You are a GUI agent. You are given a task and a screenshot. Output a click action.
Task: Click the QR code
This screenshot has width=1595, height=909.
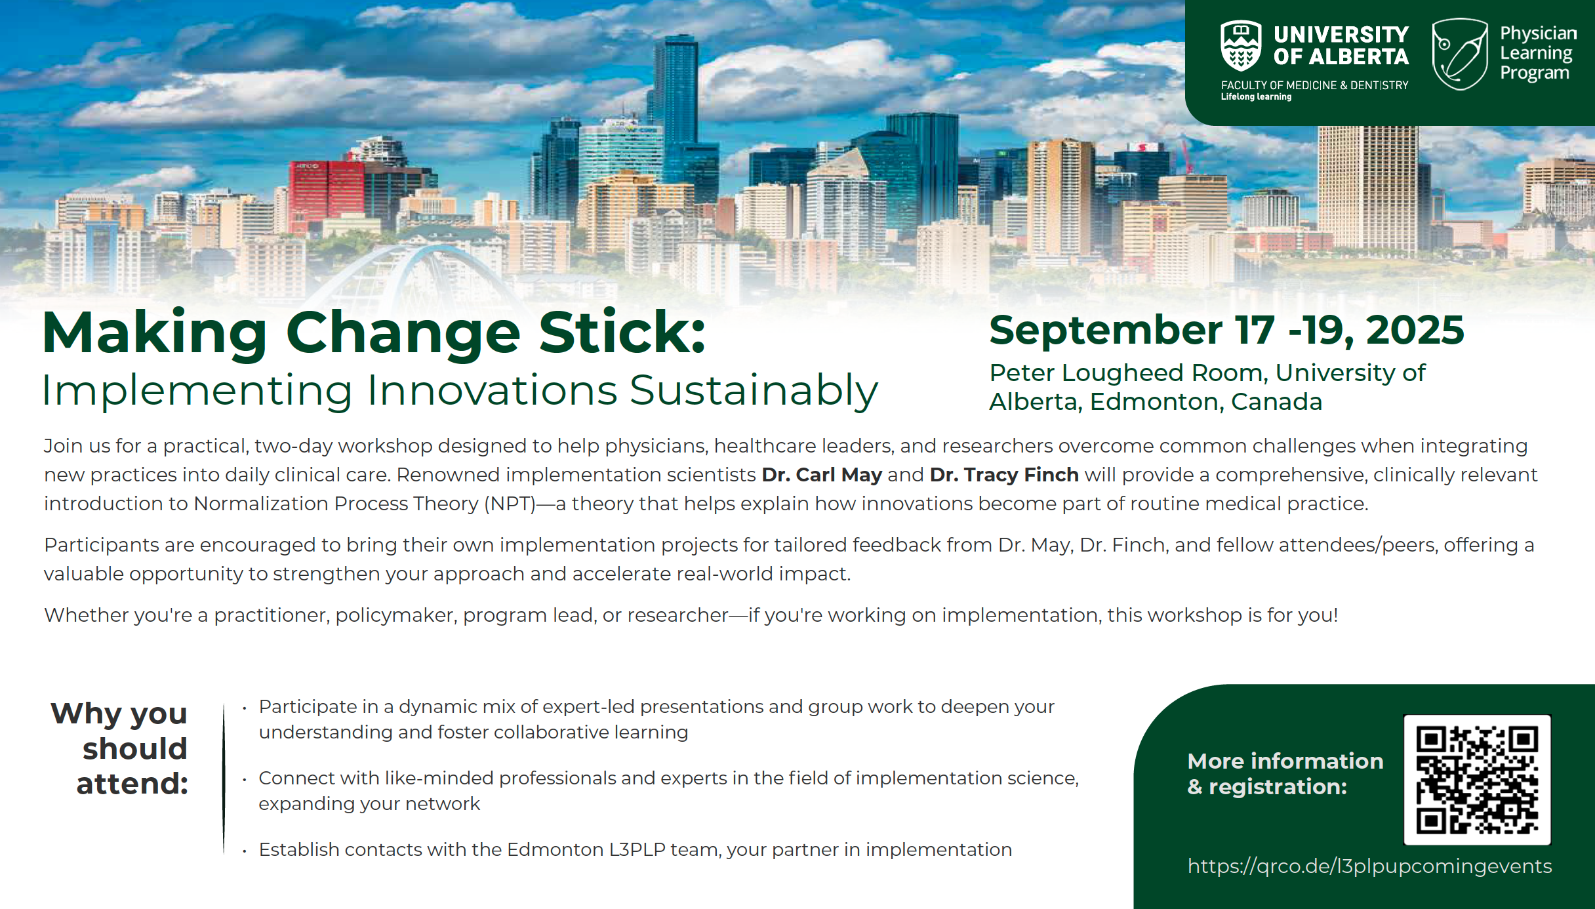1477,780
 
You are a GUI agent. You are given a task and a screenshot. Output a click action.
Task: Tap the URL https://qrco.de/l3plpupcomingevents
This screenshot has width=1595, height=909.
1369,866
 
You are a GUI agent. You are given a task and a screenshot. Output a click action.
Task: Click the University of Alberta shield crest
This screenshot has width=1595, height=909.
1240,46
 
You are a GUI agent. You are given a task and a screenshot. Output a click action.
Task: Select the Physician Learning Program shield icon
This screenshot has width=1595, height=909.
1459,54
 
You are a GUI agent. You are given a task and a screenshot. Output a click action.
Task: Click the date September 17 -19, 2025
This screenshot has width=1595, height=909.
1226,329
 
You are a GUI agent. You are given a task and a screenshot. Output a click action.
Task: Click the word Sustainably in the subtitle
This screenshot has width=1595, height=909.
754,391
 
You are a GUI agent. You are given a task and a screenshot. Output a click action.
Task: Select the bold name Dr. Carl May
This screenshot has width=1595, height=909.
821,474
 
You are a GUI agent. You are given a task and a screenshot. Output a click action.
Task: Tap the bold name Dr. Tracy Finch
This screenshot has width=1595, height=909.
1004,474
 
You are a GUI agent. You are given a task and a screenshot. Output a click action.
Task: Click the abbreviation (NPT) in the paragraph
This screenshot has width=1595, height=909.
510,504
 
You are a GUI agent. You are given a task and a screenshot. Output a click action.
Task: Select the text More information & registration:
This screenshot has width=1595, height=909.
1285,773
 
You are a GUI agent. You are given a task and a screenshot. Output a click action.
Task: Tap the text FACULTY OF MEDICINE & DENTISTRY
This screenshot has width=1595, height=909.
1314,85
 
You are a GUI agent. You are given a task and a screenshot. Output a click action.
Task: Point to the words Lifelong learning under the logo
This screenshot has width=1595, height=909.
1256,97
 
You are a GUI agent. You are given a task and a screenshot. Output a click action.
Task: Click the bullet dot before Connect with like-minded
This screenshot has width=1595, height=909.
245,780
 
